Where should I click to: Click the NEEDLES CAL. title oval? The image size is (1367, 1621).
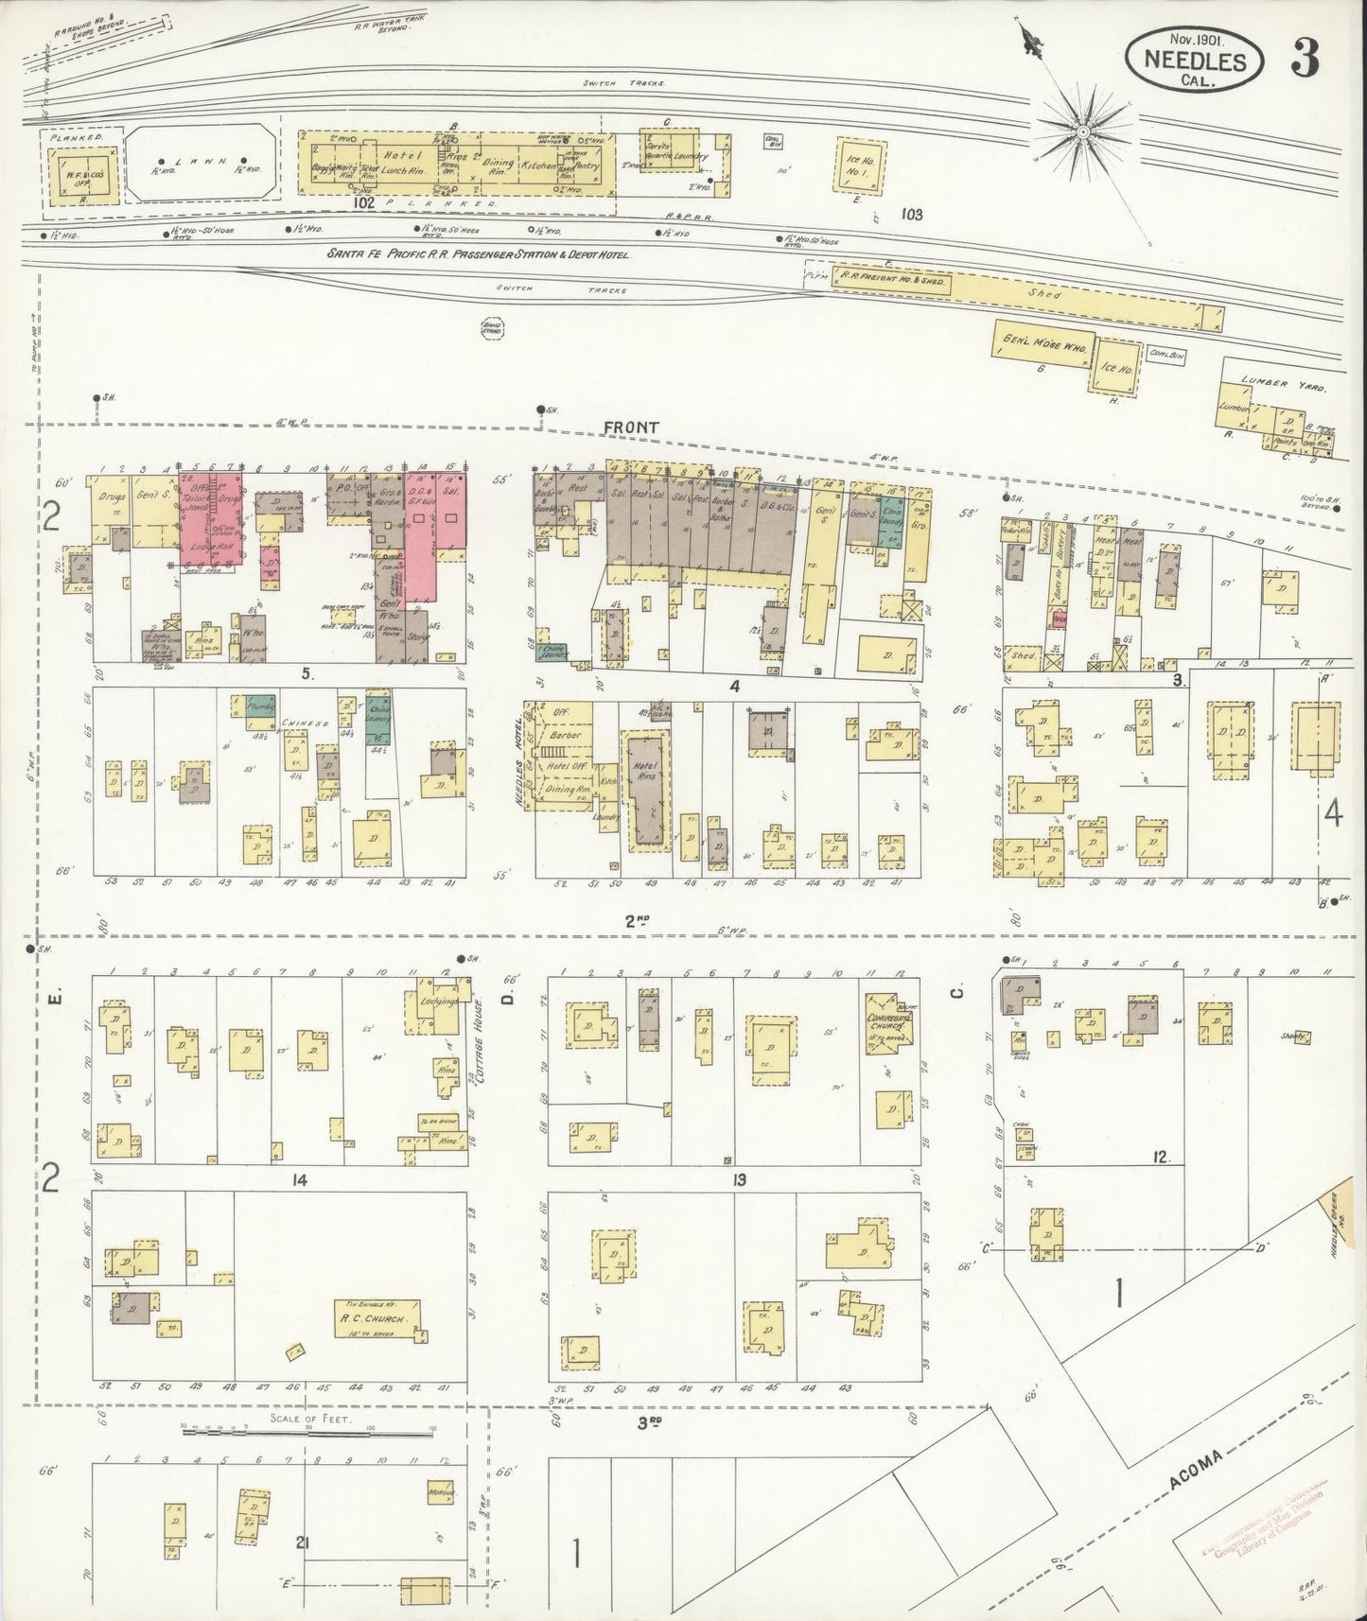tap(1194, 60)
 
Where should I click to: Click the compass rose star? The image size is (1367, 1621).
tap(1081, 130)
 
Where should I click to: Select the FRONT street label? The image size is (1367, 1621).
tap(631, 428)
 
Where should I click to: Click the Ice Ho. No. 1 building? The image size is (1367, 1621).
tap(861, 166)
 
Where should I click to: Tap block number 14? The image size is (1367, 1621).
tap(300, 1179)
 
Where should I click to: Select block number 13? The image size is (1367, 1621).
tap(738, 1179)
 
